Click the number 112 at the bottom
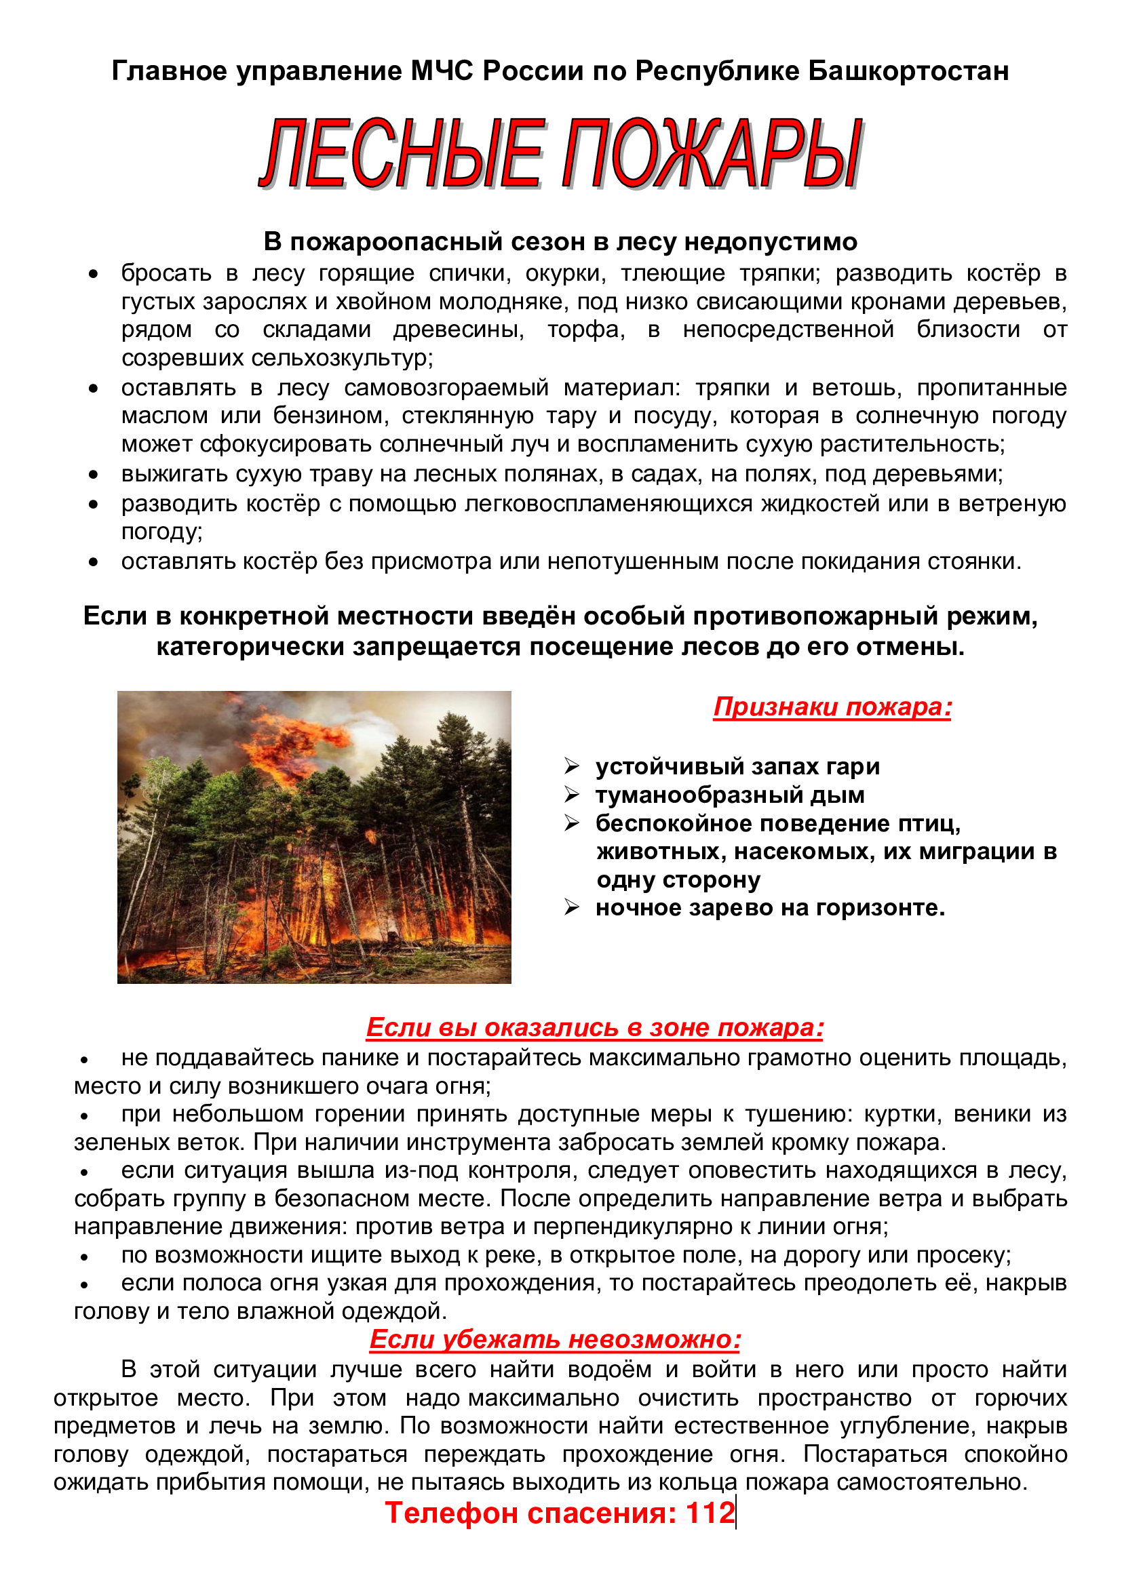[x=710, y=1513]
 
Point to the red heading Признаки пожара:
[x=832, y=707]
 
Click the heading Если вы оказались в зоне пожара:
[x=594, y=1027]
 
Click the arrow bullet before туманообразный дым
[x=571, y=795]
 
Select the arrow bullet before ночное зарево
[x=571, y=907]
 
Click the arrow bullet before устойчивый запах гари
[x=571, y=766]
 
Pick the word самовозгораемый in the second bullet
[x=446, y=388]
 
